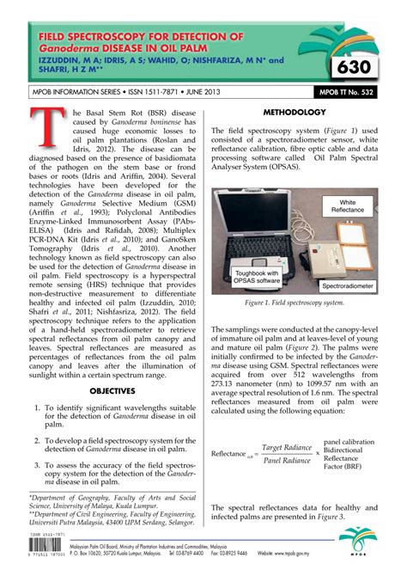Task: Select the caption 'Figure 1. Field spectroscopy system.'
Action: tap(294, 303)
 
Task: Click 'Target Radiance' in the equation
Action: tap(286, 447)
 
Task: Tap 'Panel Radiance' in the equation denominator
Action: tap(286, 461)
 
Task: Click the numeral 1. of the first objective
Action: tap(36, 407)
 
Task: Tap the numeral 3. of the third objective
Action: tap(36, 465)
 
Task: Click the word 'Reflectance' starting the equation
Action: tap(229, 453)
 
